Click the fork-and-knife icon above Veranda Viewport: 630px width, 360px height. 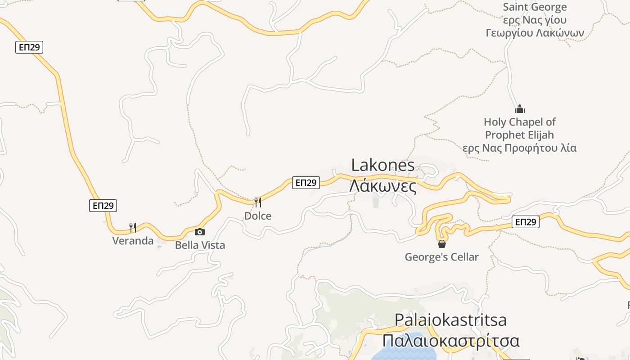point(133,227)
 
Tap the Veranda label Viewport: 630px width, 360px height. point(133,241)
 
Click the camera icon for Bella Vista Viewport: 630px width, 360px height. point(199,232)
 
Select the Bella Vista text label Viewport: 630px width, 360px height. point(200,245)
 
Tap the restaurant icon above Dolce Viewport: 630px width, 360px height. point(258,202)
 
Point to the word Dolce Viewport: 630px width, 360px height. point(258,216)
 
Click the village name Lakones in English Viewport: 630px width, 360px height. point(382,165)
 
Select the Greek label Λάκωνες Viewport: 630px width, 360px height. point(382,185)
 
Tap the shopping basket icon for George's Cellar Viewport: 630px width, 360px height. point(442,244)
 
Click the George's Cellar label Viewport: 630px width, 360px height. point(441,257)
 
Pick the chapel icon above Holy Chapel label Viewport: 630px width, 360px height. point(520,109)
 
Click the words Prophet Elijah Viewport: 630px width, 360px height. point(519,135)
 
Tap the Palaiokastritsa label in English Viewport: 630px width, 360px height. point(450,320)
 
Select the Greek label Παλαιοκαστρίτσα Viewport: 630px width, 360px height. point(450,340)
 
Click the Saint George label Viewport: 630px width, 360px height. point(535,7)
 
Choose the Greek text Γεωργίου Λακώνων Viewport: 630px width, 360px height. point(535,33)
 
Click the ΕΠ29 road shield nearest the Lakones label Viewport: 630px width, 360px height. point(306,182)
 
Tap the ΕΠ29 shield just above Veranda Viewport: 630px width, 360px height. point(103,206)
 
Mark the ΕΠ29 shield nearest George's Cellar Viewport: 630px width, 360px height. point(525,222)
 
